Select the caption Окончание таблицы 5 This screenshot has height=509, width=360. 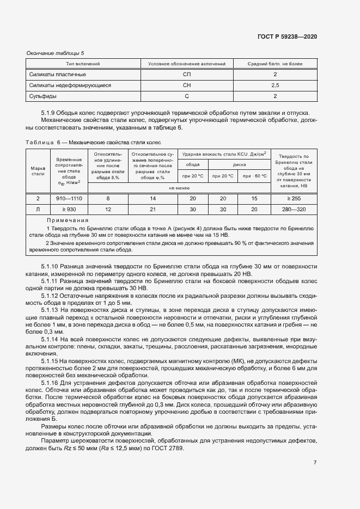[55, 53]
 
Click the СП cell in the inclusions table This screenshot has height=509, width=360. [187, 75]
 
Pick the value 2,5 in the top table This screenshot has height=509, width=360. [275, 85]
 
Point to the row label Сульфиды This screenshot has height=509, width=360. [43, 96]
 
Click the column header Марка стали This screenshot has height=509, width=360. [38, 171]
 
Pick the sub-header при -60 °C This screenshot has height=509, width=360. [254, 176]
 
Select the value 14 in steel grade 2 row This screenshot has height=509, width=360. [152, 199]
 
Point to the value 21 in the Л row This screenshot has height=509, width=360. [152, 210]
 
